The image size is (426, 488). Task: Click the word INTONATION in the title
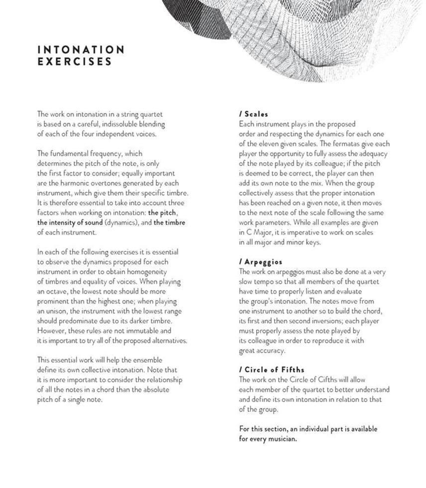tap(81, 50)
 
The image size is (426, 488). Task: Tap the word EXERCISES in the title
tap(75, 62)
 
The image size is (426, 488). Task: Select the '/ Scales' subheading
tap(253, 114)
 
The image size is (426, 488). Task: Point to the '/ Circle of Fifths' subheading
tap(272, 370)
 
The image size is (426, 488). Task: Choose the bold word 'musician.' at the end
tap(283, 439)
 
